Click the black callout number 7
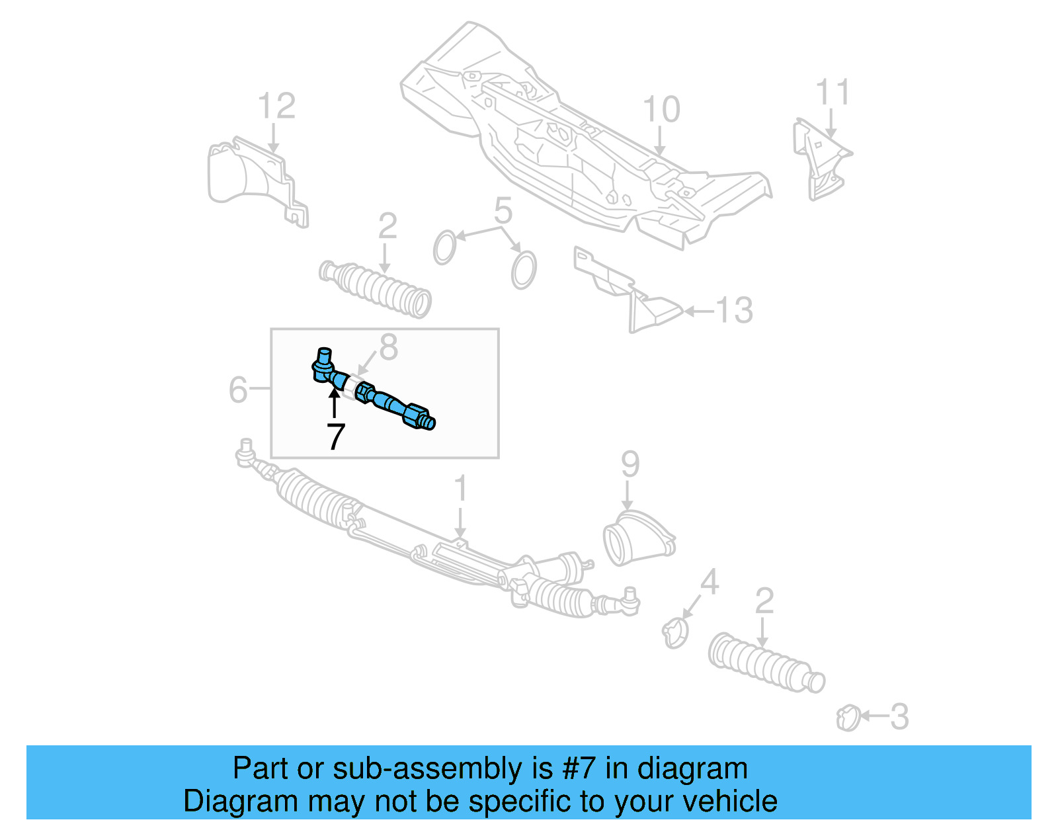(336, 436)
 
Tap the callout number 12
(276, 106)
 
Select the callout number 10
(661, 110)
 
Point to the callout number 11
(832, 93)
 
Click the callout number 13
(734, 310)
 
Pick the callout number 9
(630, 464)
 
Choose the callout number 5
(503, 211)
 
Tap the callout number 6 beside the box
(237, 390)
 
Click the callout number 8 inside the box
(388, 347)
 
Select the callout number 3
(899, 717)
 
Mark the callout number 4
(709, 583)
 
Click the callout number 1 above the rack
(460, 489)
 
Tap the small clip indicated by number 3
(848, 718)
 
